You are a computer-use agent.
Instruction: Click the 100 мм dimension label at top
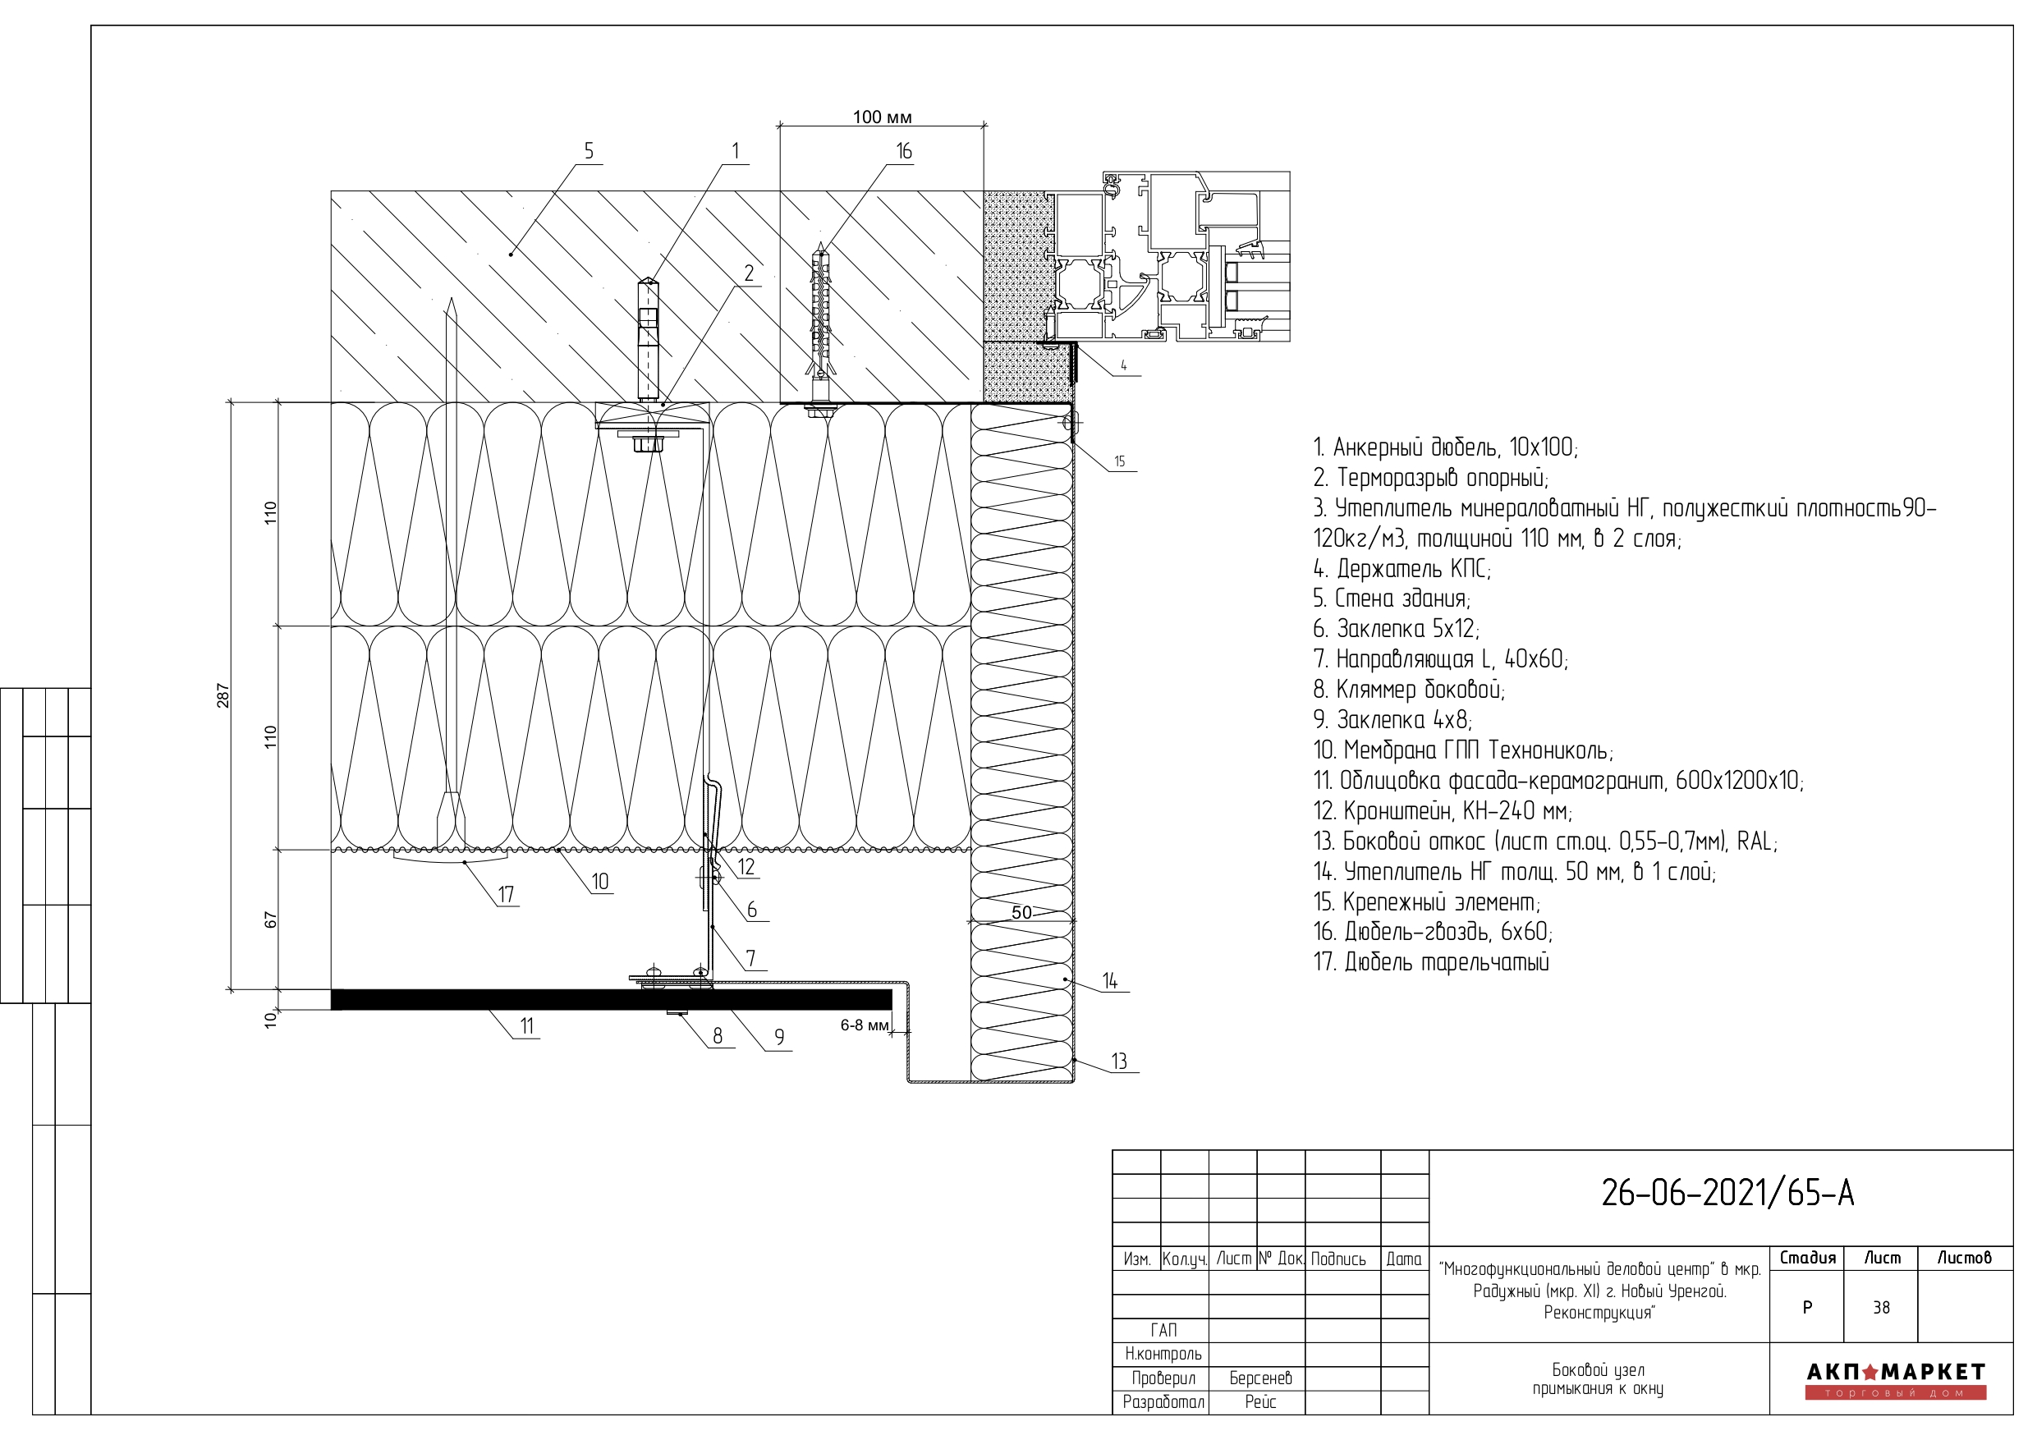(882, 117)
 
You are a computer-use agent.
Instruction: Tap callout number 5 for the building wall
(588, 151)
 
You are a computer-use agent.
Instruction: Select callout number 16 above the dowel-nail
(903, 151)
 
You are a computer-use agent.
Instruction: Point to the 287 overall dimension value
(223, 695)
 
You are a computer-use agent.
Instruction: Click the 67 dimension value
(271, 920)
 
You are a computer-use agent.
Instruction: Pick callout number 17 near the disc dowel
(506, 894)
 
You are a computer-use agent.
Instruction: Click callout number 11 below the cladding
(527, 1025)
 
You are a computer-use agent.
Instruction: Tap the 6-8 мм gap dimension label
(864, 1025)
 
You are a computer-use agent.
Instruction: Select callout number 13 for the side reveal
(1119, 1062)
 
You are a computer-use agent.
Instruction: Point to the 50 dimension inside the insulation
(1021, 912)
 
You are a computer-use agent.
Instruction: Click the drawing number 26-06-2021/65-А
(1727, 1194)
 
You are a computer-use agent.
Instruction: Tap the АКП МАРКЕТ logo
(1896, 1381)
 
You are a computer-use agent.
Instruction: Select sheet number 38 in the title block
(1881, 1308)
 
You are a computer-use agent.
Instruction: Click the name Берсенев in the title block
(1260, 1378)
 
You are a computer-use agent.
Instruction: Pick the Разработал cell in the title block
(1163, 1402)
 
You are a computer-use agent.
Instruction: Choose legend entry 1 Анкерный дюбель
(1446, 447)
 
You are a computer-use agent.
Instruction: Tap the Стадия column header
(1807, 1257)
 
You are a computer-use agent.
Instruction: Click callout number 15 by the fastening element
(1120, 461)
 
